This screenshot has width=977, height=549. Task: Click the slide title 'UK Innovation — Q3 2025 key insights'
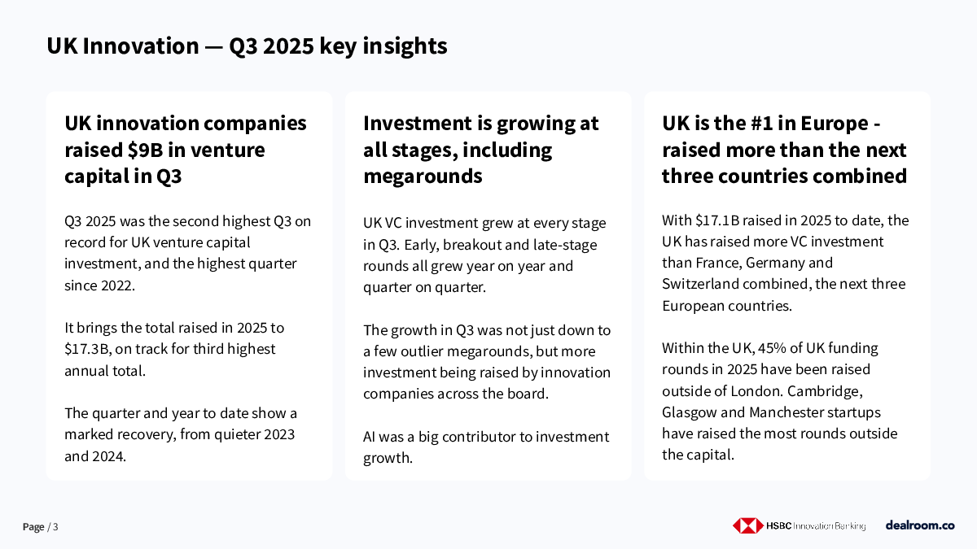tap(247, 46)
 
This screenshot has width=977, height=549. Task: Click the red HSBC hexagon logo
tap(747, 526)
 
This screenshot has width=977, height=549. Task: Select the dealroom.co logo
tap(920, 525)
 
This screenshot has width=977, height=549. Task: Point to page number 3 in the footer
tap(55, 527)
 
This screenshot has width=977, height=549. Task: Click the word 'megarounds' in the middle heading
tap(423, 176)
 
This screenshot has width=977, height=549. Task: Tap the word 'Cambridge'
tap(826, 391)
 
